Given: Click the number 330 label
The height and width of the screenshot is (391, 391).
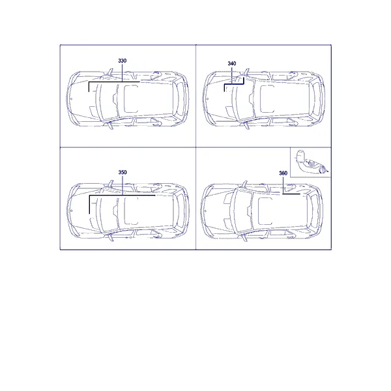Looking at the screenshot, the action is click(123, 61).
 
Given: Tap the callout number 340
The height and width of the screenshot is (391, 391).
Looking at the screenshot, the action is click(231, 63).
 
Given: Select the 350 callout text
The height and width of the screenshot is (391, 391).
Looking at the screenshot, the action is click(123, 172).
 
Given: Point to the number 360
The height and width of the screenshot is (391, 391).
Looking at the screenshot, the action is click(283, 173).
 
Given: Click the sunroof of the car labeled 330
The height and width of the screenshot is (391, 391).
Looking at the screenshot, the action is click(131, 99).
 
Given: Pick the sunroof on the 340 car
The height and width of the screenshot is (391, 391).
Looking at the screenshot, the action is click(267, 99).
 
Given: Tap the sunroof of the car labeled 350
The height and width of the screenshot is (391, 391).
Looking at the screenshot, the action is click(131, 210).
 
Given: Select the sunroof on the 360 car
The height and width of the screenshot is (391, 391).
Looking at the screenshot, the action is click(265, 211).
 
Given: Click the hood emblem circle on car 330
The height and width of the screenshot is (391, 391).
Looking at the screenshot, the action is click(71, 99).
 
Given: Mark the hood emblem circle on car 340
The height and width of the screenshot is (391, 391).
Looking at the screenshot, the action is click(208, 99).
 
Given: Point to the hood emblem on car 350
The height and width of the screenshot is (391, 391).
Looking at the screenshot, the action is click(72, 210).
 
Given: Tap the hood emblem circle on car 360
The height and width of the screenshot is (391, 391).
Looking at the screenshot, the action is click(206, 211).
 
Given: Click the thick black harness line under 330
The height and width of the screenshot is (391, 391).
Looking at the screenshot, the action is click(114, 82).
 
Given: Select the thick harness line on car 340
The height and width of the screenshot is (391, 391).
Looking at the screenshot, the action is click(234, 84).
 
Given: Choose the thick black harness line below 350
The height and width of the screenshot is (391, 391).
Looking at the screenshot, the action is click(123, 195).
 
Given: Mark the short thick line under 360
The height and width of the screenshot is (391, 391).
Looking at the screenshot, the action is click(291, 194).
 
